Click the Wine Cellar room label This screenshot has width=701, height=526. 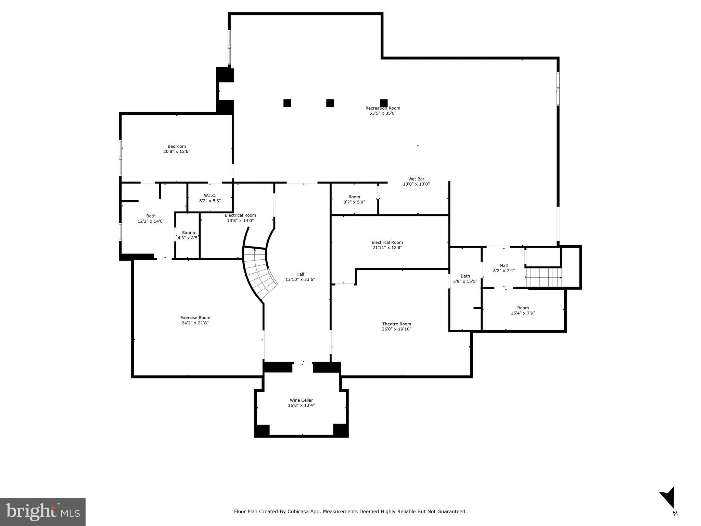click(x=301, y=400)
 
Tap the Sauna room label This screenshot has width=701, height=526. click(x=188, y=233)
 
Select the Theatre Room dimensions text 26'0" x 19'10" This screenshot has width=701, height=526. click(x=396, y=329)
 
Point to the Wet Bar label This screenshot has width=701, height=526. click(x=416, y=179)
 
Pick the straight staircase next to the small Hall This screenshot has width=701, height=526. click(x=544, y=277)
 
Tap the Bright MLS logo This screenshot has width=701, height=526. click(x=43, y=512)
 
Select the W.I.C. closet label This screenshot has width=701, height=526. click(x=210, y=195)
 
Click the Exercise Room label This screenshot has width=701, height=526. click(x=195, y=317)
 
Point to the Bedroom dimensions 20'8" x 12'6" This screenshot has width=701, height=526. click(x=177, y=151)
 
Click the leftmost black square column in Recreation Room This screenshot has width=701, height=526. click(x=287, y=103)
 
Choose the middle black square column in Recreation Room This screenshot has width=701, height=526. click(x=330, y=103)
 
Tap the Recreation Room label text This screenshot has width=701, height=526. click(x=383, y=108)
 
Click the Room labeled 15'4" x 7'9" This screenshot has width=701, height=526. click(x=523, y=310)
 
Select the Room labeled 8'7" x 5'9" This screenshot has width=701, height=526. click(x=354, y=199)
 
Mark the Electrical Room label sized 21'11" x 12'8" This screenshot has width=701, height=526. click(x=387, y=242)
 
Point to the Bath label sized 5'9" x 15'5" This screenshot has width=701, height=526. click(x=465, y=276)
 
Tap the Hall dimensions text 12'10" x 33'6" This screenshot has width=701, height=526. click(x=300, y=279)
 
